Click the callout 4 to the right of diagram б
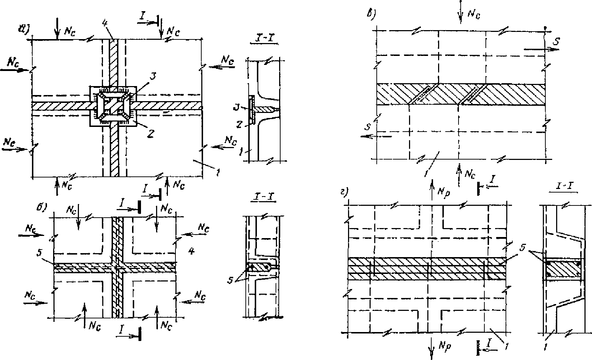tap(192, 252)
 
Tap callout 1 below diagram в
tap(426, 173)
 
